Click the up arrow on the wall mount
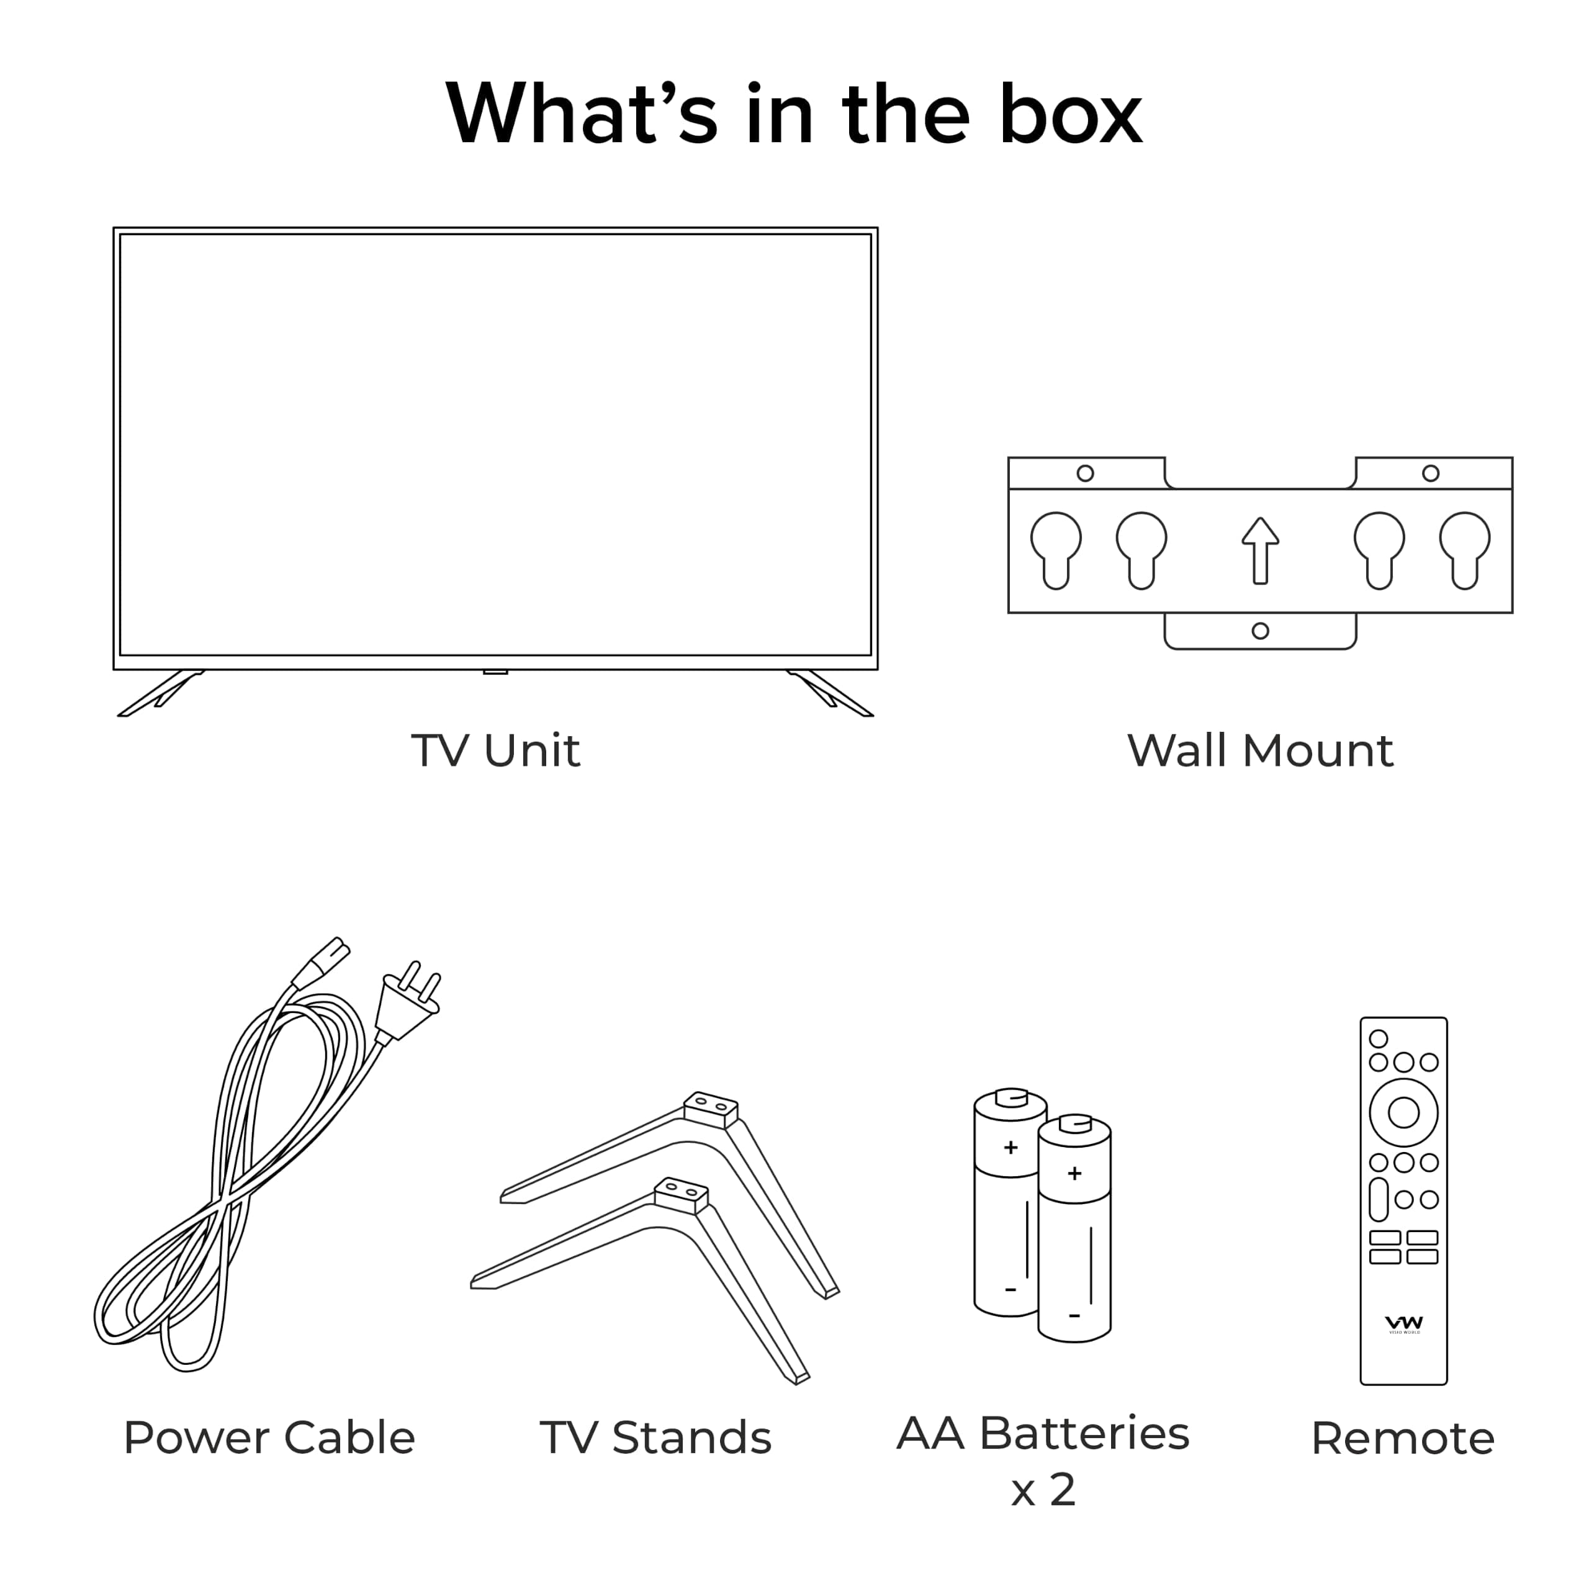point(1260,550)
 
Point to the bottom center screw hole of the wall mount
point(1260,631)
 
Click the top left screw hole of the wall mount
point(1086,473)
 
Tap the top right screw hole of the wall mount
point(1431,473)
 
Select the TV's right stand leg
point(829,693)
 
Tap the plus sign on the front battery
point(1074,1174)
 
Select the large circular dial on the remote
point(1403,1113)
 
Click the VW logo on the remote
point(1404,1323)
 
